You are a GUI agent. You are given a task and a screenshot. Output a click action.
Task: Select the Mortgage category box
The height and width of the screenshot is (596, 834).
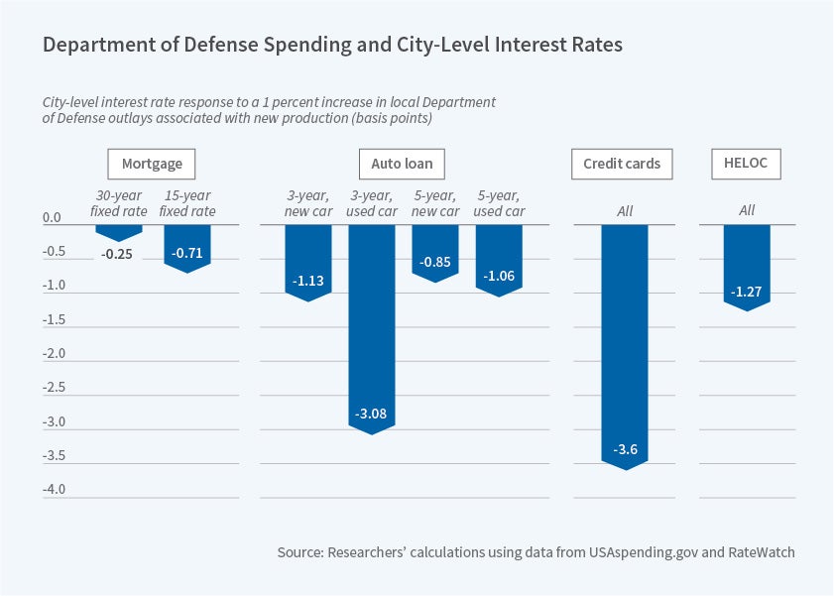coord(152,163)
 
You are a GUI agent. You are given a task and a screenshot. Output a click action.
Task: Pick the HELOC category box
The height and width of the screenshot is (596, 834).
coord(747,163)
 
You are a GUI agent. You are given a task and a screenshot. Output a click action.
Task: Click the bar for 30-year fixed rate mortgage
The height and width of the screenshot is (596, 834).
coord(119,231)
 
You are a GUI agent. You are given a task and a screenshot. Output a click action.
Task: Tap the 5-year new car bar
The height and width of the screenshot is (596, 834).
coord(435,250)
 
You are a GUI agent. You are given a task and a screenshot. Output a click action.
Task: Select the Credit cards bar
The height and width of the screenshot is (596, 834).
coord(624,337)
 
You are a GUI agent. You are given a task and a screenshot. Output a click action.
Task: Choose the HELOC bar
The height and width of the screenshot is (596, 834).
coord(747,263)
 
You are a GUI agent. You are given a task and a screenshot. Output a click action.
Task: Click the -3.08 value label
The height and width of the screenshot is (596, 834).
coord(372,413)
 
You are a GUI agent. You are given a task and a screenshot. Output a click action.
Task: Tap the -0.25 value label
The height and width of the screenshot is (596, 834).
coord(119,253)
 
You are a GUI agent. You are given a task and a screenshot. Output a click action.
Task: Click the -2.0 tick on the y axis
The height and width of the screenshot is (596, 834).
coord(53,354)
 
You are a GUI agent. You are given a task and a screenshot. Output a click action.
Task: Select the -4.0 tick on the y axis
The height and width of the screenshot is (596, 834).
coord(53,490)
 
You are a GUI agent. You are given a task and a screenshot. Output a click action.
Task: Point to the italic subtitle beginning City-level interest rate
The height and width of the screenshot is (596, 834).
coord(268,110)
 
